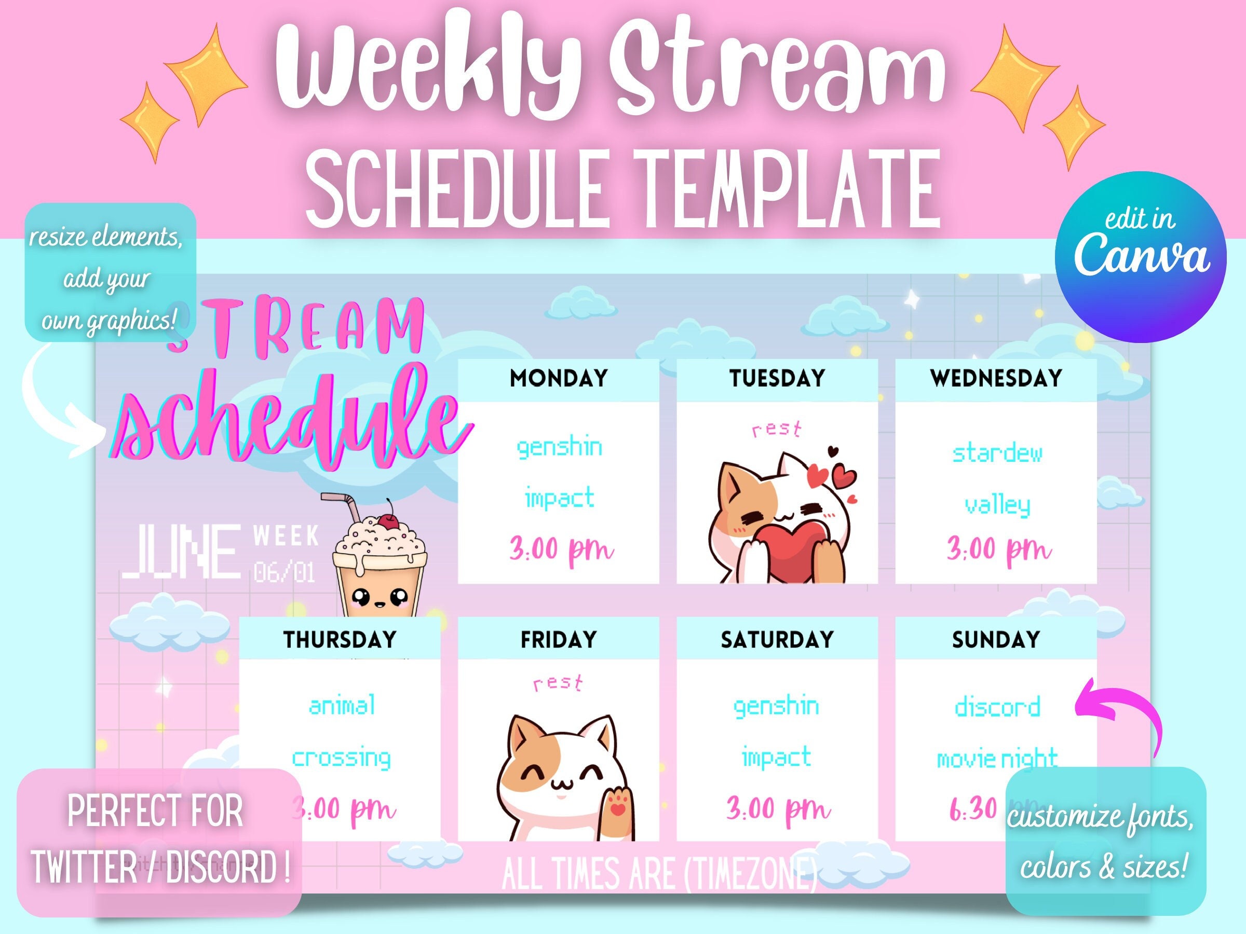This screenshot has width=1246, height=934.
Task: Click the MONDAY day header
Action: tap(558, 378)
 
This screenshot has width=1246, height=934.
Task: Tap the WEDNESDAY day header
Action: tap(996, 378)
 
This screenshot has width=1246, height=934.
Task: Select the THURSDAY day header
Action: tap(340, 640)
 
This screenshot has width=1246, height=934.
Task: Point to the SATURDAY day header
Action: tap(777, 640)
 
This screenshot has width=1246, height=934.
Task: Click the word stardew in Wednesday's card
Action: tap(997, 453)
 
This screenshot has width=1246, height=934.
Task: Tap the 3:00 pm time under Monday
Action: tap(561, 549)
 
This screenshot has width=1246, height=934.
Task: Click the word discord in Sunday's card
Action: tap(997, 707)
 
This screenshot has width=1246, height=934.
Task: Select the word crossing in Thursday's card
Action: tap(342, 758)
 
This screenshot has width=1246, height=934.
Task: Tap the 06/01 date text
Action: tap(285, 573)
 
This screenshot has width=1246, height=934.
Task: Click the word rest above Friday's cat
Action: tap(558, 683)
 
